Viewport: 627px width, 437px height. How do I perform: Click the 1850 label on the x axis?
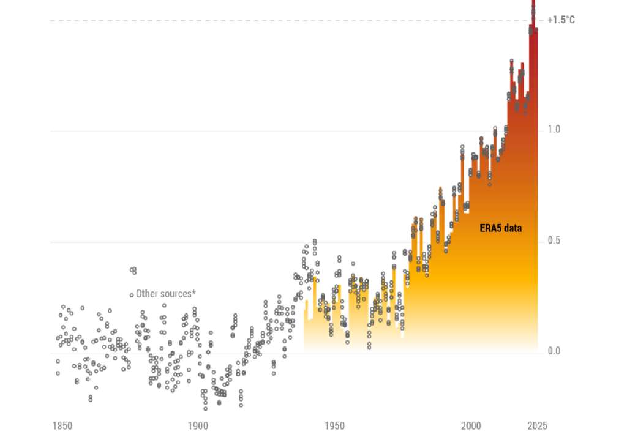[62, 425]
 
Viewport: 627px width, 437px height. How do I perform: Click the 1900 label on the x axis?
[197, 425]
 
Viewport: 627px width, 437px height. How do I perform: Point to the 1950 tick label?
[334, 425]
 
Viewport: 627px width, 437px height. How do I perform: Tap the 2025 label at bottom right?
[538, 425]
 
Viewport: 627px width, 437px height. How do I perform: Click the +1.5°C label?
[561, 20]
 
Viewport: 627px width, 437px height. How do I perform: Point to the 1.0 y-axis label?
[554, 130]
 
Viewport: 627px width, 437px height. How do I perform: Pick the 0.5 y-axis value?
[554, 241]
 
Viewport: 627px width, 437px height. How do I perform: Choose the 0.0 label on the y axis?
[554, 351]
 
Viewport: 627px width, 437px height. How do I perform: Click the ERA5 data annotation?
[500, 228]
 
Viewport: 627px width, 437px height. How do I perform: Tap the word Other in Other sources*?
[146, 294]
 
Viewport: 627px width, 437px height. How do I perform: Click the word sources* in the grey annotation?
[176, 294]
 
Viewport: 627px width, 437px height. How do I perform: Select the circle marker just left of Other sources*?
[131, 295]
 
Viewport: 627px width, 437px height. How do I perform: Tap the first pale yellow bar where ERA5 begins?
[305, 331]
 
